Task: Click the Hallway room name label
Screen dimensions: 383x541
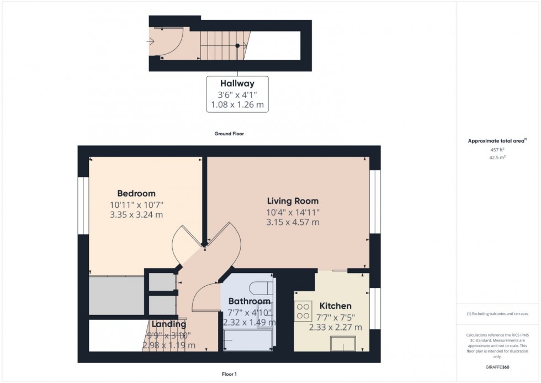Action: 237,84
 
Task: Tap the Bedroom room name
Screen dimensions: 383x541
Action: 136,193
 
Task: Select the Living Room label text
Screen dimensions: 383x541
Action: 293,201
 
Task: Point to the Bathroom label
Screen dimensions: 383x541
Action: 250,301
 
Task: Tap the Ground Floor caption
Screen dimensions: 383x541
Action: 229,134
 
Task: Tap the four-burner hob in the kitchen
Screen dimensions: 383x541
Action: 303,311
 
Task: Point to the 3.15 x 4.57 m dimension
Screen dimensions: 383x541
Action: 293,222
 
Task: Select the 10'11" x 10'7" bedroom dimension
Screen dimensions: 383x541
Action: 136,204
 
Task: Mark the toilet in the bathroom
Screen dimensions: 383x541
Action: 261,288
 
